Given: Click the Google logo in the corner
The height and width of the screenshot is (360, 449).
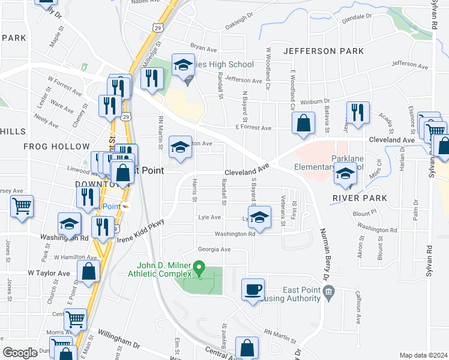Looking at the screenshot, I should [x=20, y=353].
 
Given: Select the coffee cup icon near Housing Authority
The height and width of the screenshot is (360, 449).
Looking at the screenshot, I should [x=253, y=289].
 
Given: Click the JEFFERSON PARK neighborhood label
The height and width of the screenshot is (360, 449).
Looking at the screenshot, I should [x=324, y=51].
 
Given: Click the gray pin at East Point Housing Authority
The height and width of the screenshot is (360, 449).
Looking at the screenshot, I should [x=328, y=292].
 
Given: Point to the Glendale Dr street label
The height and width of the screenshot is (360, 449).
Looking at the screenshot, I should [x=357, y=19].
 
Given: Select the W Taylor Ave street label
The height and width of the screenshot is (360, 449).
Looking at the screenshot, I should [x=49, y=272].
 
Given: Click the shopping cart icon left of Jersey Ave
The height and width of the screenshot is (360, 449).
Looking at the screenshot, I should [x=22, y=206].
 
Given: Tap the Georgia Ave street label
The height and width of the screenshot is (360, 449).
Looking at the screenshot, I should [x=214, y=250].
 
